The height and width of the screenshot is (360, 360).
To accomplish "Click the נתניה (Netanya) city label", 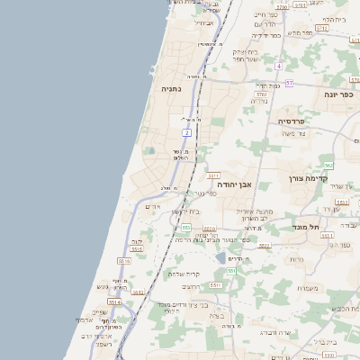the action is [171, 90].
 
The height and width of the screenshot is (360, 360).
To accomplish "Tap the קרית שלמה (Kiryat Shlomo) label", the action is [184, 274].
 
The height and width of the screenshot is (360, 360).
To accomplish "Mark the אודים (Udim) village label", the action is [152, 207].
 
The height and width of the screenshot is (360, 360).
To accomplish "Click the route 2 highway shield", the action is [188, 132].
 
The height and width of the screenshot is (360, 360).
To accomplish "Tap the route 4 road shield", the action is [279, 66].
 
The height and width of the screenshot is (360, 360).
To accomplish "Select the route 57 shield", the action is [289, 83].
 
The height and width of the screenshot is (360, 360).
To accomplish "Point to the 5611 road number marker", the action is [213, 176].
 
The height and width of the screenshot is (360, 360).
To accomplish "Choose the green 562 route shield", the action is [328, 166].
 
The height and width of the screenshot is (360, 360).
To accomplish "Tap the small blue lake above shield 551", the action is [220, 258].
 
